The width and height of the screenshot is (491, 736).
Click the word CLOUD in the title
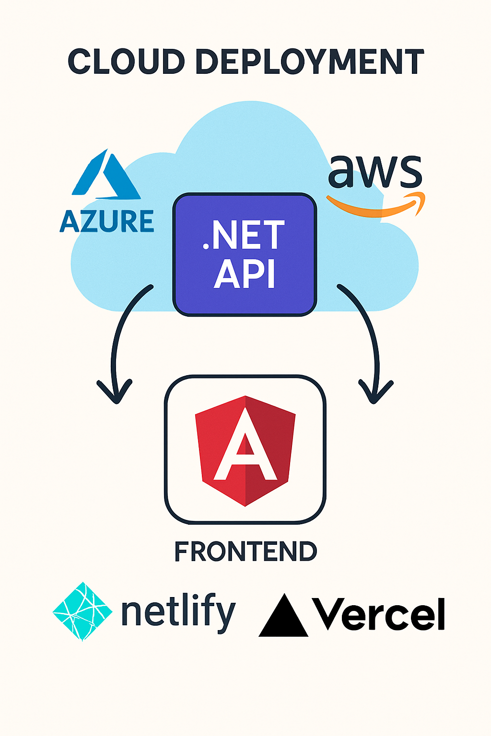tap(126, 61)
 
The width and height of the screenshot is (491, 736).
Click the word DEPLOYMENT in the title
tap(310, 61)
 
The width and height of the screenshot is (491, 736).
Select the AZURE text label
tap(107, 221)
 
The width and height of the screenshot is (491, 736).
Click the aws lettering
tap(374, 172)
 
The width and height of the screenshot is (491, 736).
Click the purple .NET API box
tap(245, 254)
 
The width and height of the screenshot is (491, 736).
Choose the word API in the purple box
tap(245, 274)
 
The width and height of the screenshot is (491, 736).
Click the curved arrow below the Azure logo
tap(120, 335)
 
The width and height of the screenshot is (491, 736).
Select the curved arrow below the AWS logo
tap(367, 335)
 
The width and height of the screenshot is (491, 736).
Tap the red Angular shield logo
tap(245, 450)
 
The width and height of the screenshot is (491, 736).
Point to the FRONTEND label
tap(245, 552)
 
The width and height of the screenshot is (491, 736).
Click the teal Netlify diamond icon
tap(82, 611)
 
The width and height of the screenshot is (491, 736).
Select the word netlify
tap(178, 612)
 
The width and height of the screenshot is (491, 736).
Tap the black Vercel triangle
tap(283, 617)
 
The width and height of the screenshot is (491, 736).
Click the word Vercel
tap(379, 614)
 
